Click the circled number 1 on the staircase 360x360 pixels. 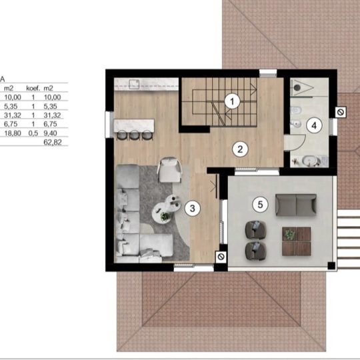232,101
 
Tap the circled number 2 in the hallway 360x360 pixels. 240,149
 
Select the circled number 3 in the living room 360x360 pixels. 193,209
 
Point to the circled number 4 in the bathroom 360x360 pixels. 314,125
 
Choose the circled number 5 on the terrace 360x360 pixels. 260,205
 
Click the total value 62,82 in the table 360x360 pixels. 53,143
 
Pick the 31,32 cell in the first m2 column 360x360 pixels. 13,115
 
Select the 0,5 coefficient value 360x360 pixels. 33,133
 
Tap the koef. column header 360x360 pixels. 33,88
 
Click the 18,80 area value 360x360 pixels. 13,133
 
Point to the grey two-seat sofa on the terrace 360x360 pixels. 296,205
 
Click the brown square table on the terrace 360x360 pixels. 297,241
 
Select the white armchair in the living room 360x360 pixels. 169,170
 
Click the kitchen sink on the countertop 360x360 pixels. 134,84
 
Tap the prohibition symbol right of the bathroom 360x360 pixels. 341,112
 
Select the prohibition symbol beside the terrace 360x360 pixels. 221,257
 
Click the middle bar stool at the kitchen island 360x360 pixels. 134,135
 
